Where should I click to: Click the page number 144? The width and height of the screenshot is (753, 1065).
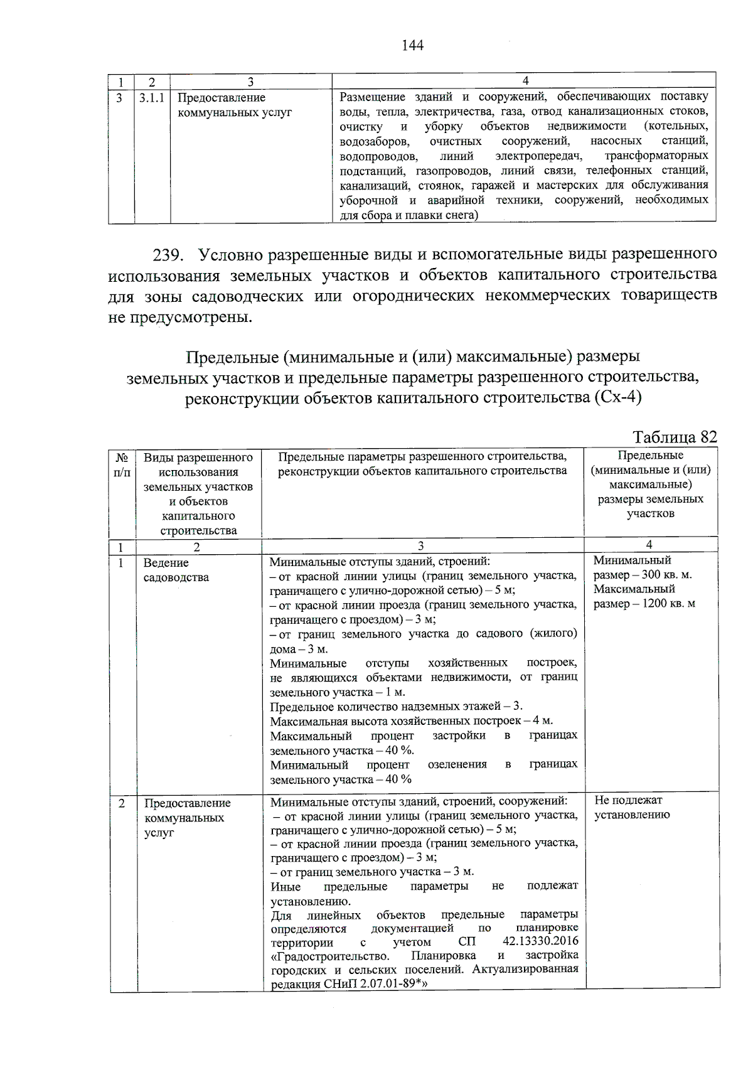click(412, 45)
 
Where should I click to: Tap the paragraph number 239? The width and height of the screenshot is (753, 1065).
click(169, 255)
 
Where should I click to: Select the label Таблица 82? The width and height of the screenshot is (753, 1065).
click(675, 437)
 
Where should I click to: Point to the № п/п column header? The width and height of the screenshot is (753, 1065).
click(122, 465)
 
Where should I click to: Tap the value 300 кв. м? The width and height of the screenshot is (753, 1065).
click(663, 575)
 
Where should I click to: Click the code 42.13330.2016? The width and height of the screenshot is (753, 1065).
click(540, 941)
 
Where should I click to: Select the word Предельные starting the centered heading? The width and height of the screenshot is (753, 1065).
click(232, 356)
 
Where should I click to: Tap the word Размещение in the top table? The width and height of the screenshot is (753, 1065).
click(372, 97)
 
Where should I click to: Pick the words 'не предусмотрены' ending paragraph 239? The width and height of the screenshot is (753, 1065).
click(180, 317)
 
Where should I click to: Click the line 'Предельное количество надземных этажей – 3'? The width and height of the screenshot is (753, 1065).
click(396, 707)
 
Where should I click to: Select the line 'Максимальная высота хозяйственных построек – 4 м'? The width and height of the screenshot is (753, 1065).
click(411, 721)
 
